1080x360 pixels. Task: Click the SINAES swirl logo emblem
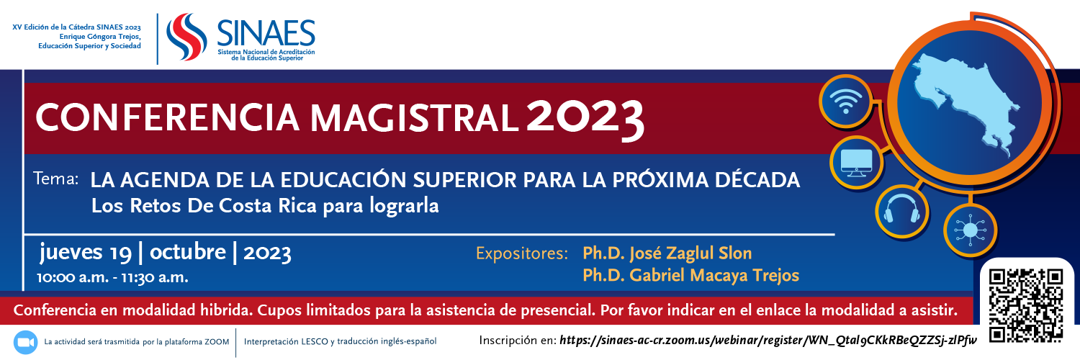pos(186,37)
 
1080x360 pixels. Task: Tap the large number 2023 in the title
pos(585,119)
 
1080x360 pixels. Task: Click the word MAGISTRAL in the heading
pos(414,119)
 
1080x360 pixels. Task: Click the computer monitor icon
pos(856,163)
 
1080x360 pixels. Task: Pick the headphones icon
pos(901,211)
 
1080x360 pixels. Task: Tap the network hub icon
pos(970,230)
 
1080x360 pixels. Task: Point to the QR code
pos(1025,305)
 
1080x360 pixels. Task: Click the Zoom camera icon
pos(25,342)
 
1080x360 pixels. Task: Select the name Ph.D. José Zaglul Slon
pos(667,253)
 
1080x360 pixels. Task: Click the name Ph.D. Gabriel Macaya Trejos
pos(691,275)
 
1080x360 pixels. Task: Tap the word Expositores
pos(522,253)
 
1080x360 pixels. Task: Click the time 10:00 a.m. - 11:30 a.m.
pos(112,278)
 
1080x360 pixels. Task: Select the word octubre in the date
pos(187,252)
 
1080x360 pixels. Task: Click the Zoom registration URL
pos(768,341)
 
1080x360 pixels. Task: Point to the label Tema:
pos(56,179)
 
